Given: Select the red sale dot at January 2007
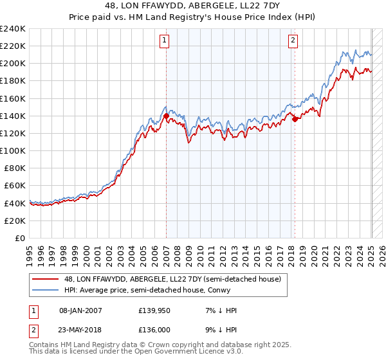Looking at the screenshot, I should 166,116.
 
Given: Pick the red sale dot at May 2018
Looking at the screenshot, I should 295,119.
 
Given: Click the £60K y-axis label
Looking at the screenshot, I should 15,186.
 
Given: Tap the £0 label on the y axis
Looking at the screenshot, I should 21,238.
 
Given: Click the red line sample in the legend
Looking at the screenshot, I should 45,280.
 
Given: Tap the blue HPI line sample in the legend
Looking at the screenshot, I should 45,291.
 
